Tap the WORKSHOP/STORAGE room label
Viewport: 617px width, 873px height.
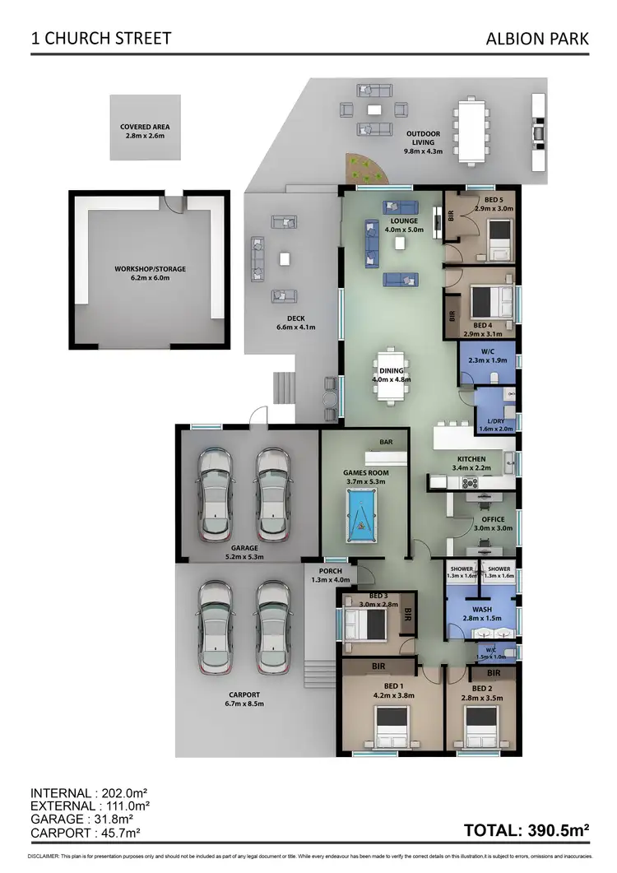(150, 269)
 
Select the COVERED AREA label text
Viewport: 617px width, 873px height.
(145, 127)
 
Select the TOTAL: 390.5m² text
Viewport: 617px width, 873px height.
(527, 830)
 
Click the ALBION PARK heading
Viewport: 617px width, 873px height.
(538, 39)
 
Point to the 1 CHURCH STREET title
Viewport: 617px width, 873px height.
(101, 39)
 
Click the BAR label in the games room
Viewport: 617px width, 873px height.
(386, 443)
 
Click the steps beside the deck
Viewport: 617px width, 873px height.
(283, 386)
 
